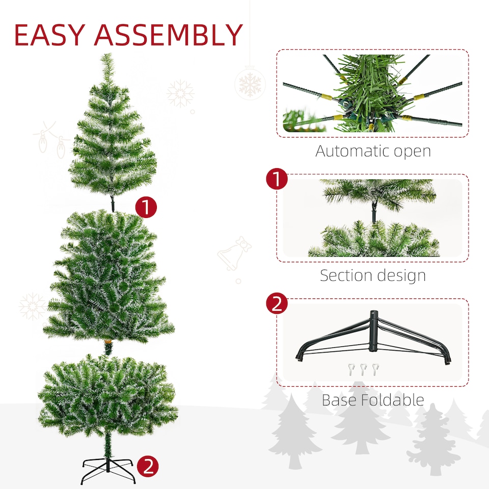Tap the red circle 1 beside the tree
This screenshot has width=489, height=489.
(146, 208)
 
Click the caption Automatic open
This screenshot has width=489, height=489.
(373, 151)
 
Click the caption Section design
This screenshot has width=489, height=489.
(373, 276)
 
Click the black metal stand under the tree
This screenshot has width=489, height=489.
(108, 470)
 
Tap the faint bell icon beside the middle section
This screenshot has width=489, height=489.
(234, 255)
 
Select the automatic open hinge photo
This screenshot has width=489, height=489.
(372, 93)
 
